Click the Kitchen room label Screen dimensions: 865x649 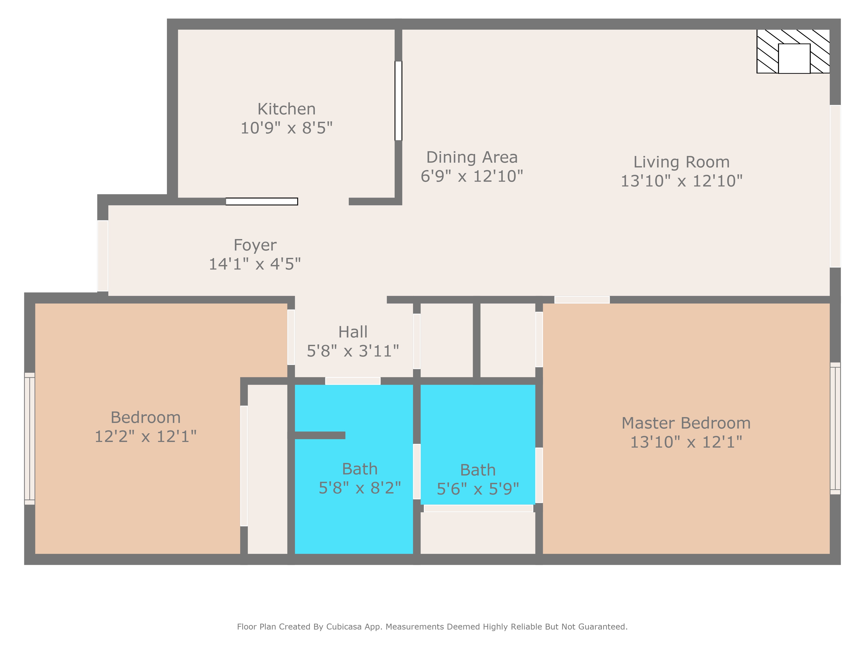[x=286, y=109]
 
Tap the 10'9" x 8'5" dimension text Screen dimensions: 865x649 [x=286, y=128]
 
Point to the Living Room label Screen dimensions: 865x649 [x=681, y=162]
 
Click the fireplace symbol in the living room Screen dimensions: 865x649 [x=793, y=51]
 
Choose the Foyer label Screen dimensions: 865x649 [x=255, y=245]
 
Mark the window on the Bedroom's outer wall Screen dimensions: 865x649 [x=30, y=439]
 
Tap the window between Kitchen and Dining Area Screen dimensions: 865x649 [x=398, y=101]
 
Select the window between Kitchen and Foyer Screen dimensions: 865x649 [x=262, y=201]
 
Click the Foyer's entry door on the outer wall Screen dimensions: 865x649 [x=103, y=256]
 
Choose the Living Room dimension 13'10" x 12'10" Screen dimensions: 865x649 [x=681, y=181]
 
